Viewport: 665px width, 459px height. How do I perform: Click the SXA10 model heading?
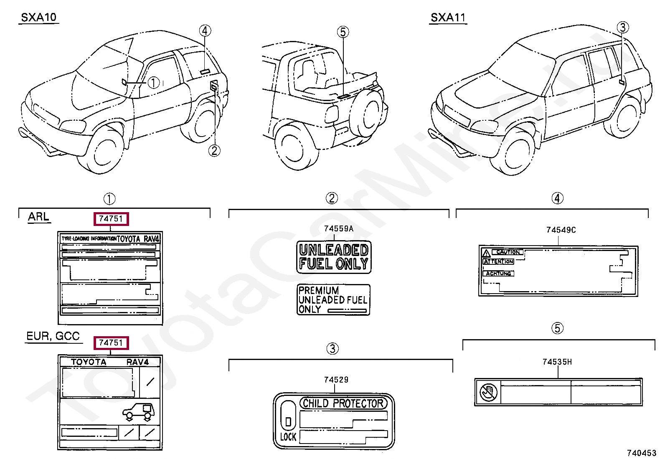[x=38, y=18]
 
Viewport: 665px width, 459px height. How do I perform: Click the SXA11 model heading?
[x=448, y=18]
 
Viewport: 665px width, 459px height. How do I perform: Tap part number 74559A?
[x=338, y=228]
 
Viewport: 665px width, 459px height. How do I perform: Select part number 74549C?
[x=561, y=230]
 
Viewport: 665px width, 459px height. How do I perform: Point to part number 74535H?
[x=557, y=362]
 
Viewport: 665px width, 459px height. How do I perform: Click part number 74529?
[x=336, y=379]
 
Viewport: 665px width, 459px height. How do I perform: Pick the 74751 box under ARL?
[x=111, y=218]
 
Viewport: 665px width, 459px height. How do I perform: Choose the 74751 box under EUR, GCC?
[x=111, y=343]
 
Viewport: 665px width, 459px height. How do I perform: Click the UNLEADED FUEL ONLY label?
[x=334, y=257]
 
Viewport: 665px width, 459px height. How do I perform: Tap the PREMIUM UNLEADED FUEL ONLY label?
[x=333, y=300]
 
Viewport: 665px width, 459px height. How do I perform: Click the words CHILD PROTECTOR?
[x=343, y=403]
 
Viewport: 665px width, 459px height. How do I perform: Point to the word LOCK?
[x=288, y=437]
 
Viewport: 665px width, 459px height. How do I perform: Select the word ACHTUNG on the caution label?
[x=498, y=273]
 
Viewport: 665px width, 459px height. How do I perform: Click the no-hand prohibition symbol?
[x=488, y=392]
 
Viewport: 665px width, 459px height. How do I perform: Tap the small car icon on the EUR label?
[x=139, y=411]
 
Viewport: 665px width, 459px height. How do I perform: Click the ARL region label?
[x=38, y=217]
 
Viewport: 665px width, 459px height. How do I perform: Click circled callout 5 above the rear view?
[x=343, y=32]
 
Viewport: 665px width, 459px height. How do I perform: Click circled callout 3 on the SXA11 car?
[x=622, y=28]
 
